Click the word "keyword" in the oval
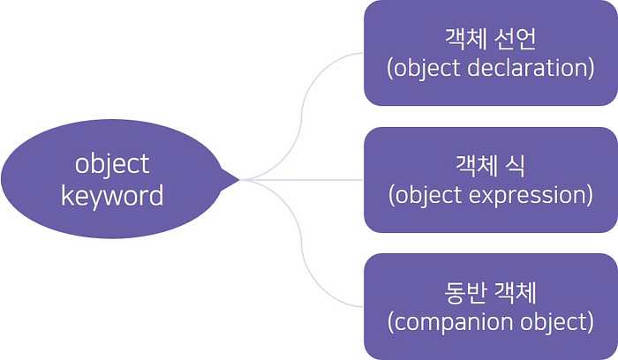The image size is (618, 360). [112, 195]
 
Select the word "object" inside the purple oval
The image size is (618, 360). [112, 164]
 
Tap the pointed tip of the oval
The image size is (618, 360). [237, 180]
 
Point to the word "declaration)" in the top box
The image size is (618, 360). [529, 68]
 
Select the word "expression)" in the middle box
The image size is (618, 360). [527, 194]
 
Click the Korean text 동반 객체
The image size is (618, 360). [490, 293]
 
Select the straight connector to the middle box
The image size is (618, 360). [300, 180]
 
